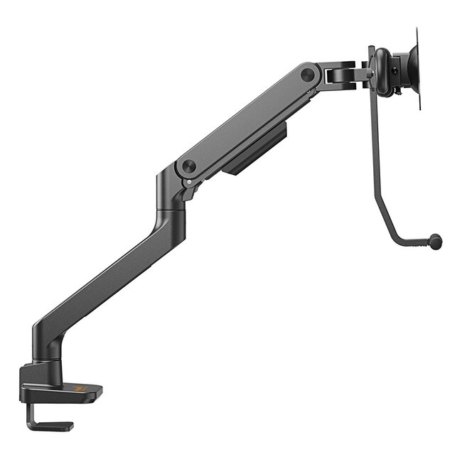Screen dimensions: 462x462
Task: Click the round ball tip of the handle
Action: (436, 242)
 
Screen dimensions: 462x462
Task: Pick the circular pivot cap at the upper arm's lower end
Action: (188, 166)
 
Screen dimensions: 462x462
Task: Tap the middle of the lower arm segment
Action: (107, 277)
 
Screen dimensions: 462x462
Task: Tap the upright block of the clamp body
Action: (36, 373)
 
